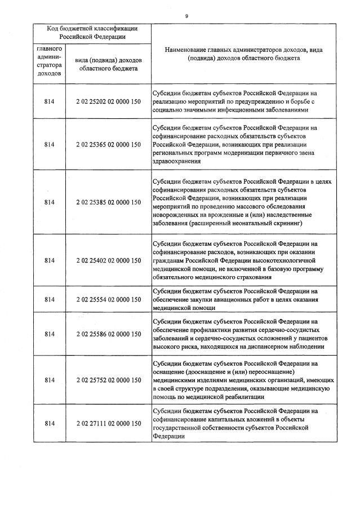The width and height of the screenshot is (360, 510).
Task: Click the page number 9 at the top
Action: tap(186, 16)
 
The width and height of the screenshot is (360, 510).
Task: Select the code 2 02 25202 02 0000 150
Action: tap(108, 102)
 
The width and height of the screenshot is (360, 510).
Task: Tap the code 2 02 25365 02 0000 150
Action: tap(108, 144)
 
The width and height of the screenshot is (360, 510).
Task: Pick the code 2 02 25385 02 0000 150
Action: tap(108, 202)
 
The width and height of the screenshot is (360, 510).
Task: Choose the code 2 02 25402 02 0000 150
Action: tap(108, 260)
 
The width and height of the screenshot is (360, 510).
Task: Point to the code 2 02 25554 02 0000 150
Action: tap(108, 299)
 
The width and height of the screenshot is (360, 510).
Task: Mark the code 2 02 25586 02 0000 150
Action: tap(108, 334)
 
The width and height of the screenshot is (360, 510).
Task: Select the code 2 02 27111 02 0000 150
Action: tap(108, 423)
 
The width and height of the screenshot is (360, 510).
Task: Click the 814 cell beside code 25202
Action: tap(50, 102)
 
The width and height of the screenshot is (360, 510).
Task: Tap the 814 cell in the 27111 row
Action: tap(50, 423)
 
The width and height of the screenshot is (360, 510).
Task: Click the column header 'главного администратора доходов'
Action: tap(50, 61)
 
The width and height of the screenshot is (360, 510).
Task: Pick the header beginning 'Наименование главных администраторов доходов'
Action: tap(243, 54)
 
